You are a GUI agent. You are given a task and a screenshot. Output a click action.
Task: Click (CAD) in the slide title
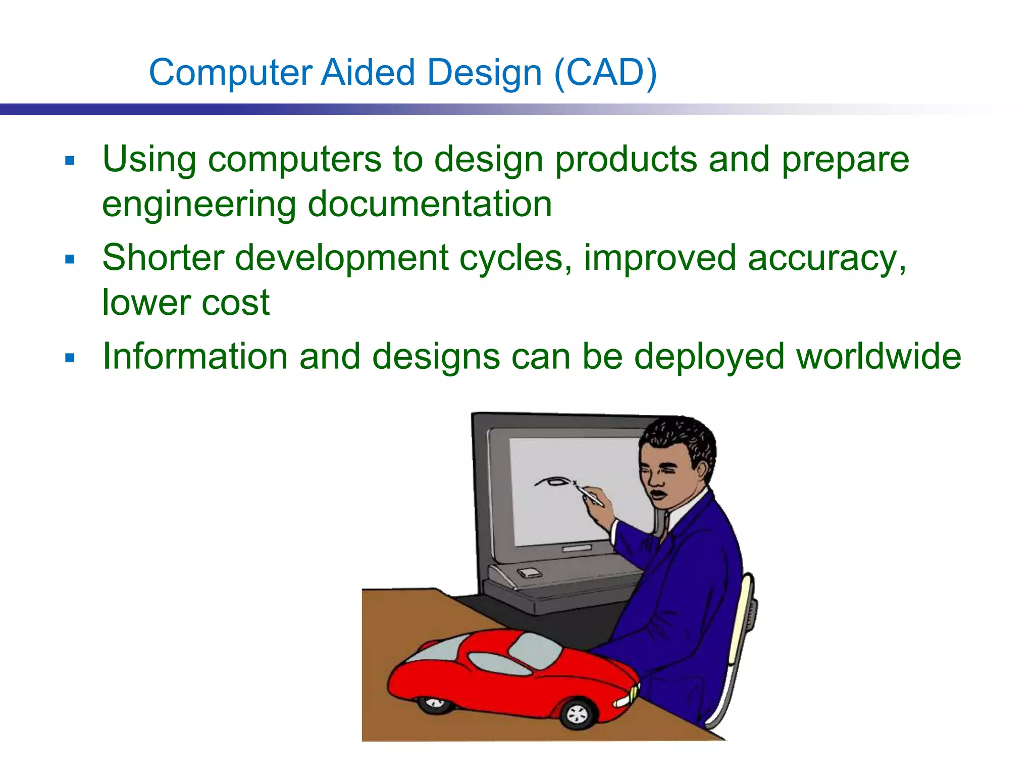605,72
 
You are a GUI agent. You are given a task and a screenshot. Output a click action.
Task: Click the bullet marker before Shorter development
70,260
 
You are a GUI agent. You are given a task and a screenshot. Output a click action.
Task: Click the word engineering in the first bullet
199,205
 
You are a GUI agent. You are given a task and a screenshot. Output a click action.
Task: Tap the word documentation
430,204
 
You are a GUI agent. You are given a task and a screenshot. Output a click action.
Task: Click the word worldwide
878,357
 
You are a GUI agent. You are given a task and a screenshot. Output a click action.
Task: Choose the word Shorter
163,258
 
